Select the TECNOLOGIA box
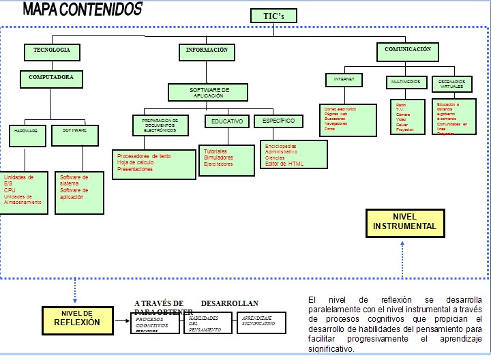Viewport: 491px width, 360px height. point(53,51)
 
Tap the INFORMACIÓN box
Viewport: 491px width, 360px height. point(207,51)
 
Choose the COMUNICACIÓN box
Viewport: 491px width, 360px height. point(407,50)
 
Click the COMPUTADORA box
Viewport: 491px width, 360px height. point(51,78)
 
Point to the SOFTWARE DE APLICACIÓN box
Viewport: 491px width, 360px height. point(209,92)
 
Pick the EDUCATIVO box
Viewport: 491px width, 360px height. point(226,121)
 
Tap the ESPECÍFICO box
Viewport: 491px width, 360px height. point(278,121)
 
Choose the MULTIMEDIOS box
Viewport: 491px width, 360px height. point(405,82)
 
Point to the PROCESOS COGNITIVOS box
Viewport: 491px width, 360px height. point(155,322)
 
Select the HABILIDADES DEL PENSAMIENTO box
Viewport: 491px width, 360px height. point(208,322)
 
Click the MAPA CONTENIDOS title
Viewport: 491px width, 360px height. point(83,9)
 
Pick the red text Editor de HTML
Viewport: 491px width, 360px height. point(284,164)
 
